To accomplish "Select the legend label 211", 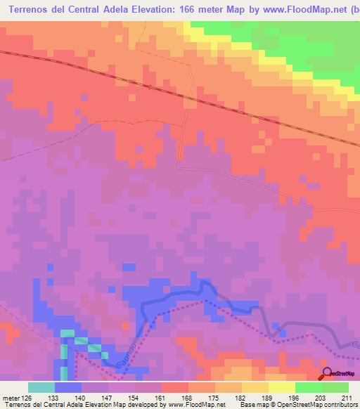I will pyautogui.click(x=346, y=398).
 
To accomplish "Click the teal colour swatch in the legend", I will pyautogui.click(x=41, y=387).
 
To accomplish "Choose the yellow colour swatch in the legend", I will pyautogui.click(x=282, y=387).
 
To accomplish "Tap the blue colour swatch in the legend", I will pyautogui.click(x=68, y=387).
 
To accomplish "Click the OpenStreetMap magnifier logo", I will pyautogui.click(x=328, y=372).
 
